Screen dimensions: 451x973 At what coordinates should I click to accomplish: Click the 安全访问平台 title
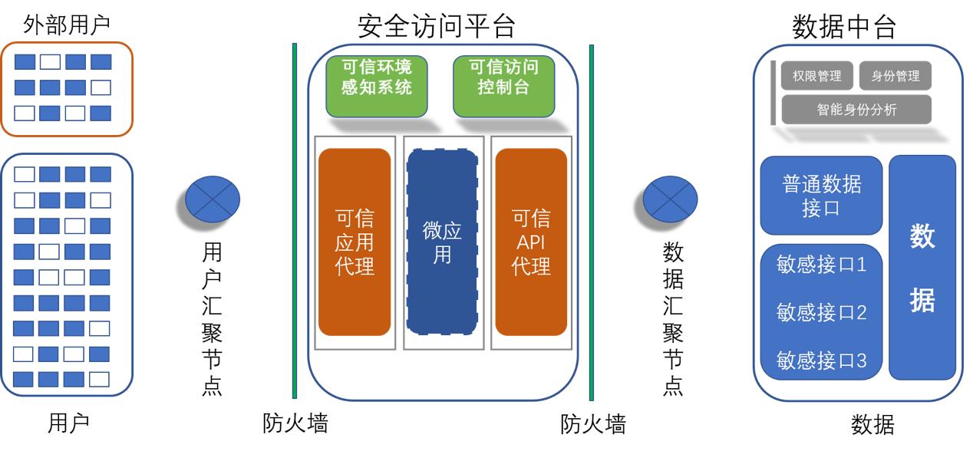coord(436,26)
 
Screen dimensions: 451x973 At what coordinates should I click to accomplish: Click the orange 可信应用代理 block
coord(355,242)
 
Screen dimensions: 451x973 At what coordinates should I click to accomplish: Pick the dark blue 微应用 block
coord(442,242)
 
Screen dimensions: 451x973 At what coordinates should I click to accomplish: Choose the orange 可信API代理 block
coord(531,242)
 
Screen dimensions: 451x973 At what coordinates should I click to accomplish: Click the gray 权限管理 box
coord(816,77)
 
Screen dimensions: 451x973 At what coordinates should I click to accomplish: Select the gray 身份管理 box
coord(895,77)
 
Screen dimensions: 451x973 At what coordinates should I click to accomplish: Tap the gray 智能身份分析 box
coord(856,110)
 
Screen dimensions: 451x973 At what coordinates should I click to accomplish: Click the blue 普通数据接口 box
coord(821,196)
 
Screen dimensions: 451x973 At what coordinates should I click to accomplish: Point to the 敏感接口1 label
coord(821,266)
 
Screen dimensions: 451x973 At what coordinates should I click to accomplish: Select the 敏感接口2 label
coord(821,313)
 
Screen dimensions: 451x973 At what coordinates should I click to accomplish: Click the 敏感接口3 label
coord(821,360)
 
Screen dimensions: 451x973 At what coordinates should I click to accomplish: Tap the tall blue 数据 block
coord(922,267)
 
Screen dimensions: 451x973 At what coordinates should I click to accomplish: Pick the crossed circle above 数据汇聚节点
coord(670,198)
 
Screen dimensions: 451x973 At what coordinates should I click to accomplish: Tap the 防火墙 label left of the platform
coord(295,423)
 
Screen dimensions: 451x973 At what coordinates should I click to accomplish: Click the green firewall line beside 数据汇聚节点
coord(592,222)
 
